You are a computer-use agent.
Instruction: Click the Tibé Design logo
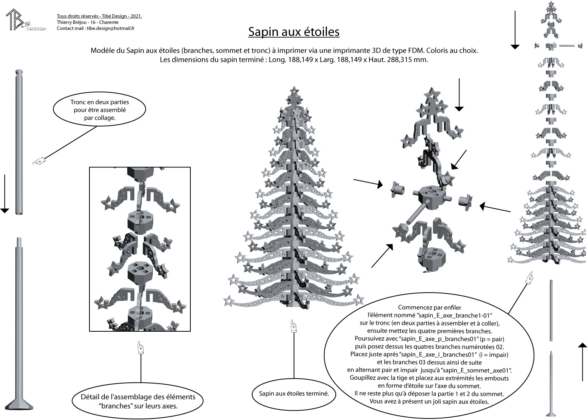(25, 20)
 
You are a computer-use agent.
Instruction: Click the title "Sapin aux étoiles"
(294, 32)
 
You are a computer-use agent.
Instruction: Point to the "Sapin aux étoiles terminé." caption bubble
(294, 394)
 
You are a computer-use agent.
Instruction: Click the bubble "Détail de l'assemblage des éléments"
(138, 401)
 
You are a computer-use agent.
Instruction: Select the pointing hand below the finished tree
(294, 326)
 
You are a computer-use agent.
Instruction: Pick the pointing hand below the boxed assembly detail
(141, 348)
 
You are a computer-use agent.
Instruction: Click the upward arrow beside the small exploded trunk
(583, 362)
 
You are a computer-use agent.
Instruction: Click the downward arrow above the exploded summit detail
(459, 95)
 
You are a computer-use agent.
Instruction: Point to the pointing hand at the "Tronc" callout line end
(39, 160)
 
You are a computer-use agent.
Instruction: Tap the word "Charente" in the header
(109, 22)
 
